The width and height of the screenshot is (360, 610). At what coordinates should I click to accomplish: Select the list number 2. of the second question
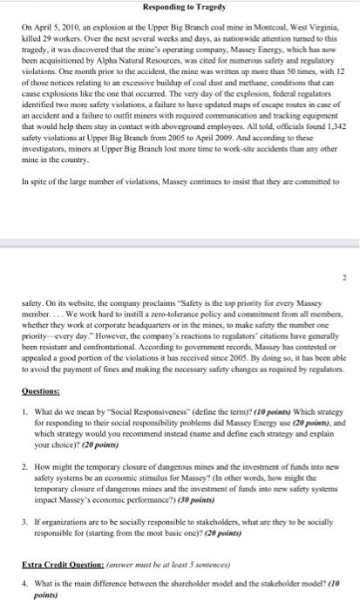[x=28, y=444]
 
